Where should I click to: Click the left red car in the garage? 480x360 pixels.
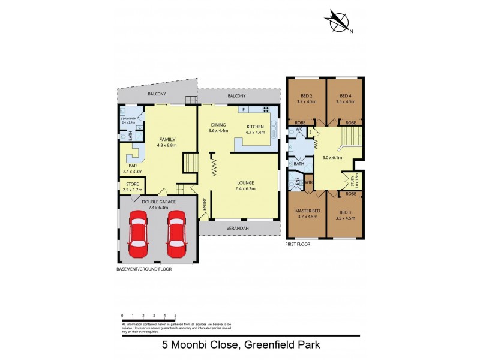[x=139, y=232]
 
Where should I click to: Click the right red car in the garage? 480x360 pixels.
[x=177, y=232]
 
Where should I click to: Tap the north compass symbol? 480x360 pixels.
[x=338, y=22]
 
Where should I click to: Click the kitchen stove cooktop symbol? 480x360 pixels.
[x=265, y=109]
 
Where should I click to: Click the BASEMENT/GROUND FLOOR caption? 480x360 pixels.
[x=144, y=269]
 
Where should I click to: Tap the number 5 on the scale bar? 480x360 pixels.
[x=175, y=314]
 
